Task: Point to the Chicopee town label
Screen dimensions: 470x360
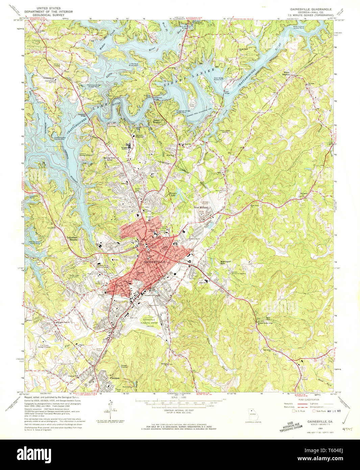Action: (113, 378)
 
